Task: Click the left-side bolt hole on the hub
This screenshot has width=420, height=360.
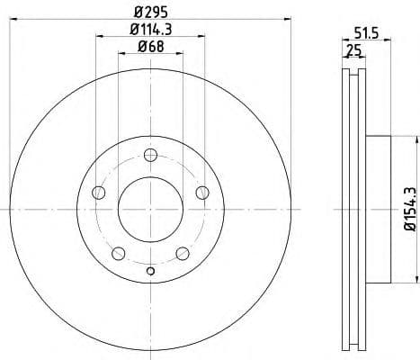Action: click(99, 193)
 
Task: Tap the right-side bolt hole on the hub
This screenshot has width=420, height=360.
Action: click(201, 192)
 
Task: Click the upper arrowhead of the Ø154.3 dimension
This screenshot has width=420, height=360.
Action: click(417, 139)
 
